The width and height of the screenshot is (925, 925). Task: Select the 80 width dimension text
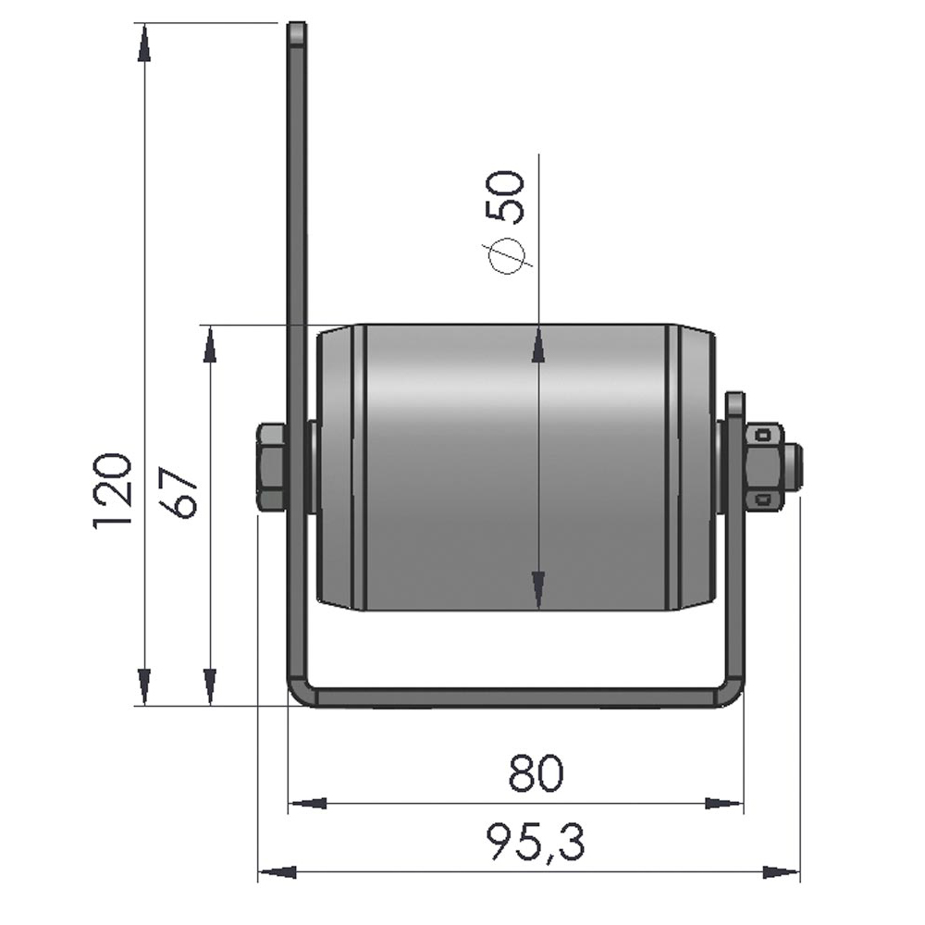point(536,773)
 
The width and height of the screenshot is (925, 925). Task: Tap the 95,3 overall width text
point(536,843)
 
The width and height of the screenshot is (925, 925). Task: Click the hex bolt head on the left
point(271,467)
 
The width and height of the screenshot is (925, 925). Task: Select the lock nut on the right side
point(764,467)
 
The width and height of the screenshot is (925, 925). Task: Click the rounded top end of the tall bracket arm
point(297,32)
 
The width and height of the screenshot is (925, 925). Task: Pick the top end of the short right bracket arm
point(734,402)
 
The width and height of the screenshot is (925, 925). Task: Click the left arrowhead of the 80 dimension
point(309,804)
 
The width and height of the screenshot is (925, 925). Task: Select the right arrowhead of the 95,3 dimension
point(781,872)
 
